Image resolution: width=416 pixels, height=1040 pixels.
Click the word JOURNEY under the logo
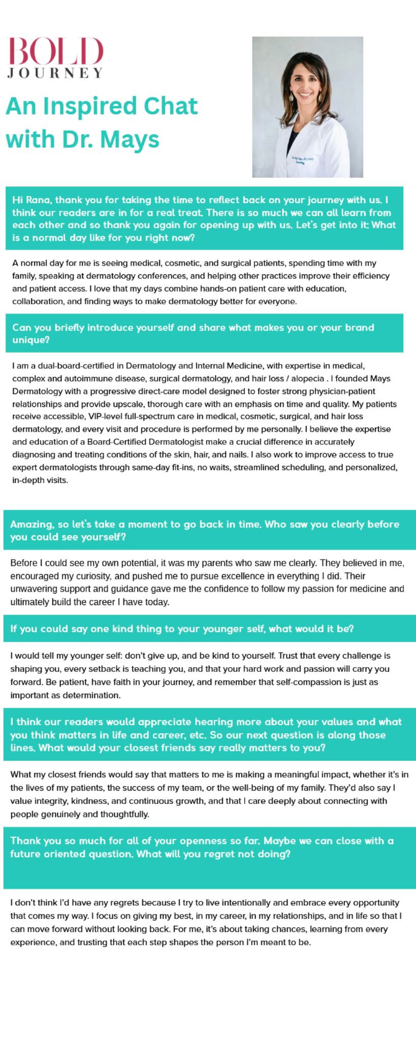[55, 73]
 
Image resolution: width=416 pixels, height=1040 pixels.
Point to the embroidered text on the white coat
[302, 159]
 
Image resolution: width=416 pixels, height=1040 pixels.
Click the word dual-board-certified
[77, 366]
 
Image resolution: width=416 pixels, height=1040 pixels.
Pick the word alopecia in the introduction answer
[307, 378]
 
